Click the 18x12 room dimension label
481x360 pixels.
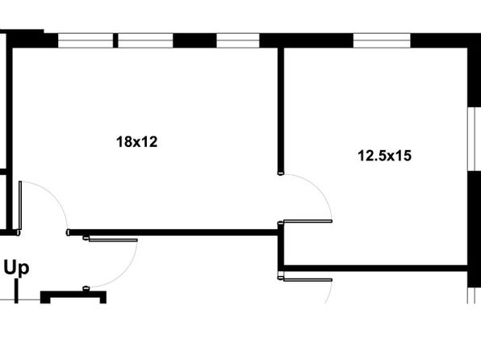tap(137, 142)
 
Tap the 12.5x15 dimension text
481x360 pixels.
tap(385, 156)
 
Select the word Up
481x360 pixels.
tap(17, 269)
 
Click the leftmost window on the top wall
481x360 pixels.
tap(86, 40)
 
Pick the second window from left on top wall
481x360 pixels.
tap(146, 40)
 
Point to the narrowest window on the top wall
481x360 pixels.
tap(238, 40)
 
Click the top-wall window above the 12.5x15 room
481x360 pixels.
tap(382, 40)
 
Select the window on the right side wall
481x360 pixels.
tap(474, 139)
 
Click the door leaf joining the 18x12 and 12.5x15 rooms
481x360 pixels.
tap(307, 221)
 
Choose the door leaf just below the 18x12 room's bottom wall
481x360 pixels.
tap(113, 240)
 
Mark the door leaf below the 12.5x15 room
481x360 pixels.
tap(307, 279)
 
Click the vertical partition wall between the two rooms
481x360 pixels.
tap(281, 111)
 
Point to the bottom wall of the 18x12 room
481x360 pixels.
tap(173, 232)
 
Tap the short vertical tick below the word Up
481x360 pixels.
tap(16, 292)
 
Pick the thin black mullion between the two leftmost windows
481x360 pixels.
tap(115, 40)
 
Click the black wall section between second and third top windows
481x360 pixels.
tap(195, 40)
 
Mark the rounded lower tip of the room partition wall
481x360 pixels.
tap(281, 174)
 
